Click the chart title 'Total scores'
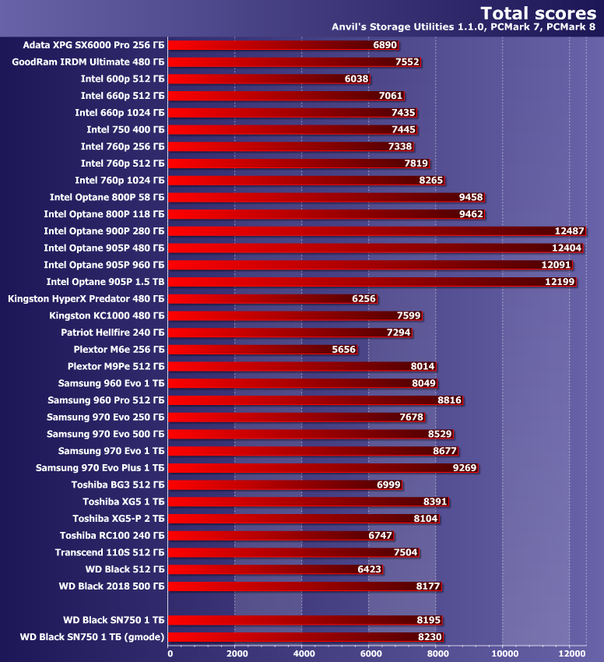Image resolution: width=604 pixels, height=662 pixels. [538, 12]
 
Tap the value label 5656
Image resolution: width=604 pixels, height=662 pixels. [343, 350]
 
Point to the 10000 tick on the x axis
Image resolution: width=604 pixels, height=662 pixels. [503, 653]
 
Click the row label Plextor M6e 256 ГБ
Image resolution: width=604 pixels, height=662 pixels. [119, 350]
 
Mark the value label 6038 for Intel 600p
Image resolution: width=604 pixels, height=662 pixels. [356, 79]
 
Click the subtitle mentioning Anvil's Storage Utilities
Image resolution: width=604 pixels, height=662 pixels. [464, 27]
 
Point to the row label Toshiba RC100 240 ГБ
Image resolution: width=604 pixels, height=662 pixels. [112, 535]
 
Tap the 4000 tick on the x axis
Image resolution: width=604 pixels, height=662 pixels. [303, 653]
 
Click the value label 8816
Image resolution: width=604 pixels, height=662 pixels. [449, 400]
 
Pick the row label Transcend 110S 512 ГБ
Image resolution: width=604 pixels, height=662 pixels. [110, 552]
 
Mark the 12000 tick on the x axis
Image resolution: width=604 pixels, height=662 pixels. [570, 653]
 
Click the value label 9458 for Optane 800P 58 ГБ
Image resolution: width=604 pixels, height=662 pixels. [471, 197]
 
